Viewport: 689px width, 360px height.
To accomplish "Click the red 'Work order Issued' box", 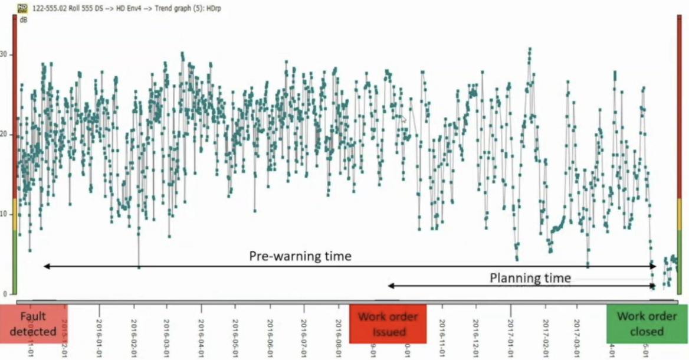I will click(388, 323).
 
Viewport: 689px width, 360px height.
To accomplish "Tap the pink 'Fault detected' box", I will click(34, 323).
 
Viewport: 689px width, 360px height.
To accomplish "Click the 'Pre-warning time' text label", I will click(300, 256).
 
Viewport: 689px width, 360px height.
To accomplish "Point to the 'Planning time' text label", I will click(530, 278).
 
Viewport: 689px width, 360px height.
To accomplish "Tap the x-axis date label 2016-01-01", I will click(99, 330).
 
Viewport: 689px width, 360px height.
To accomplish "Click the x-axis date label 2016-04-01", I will click(201, 330).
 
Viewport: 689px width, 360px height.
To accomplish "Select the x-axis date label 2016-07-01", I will click(303, 330).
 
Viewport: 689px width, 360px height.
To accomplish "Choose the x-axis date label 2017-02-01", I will click(545, 330).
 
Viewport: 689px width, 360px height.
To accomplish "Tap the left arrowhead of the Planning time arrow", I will click(389, 286).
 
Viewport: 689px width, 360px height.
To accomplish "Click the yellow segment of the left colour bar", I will click(14, 214).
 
